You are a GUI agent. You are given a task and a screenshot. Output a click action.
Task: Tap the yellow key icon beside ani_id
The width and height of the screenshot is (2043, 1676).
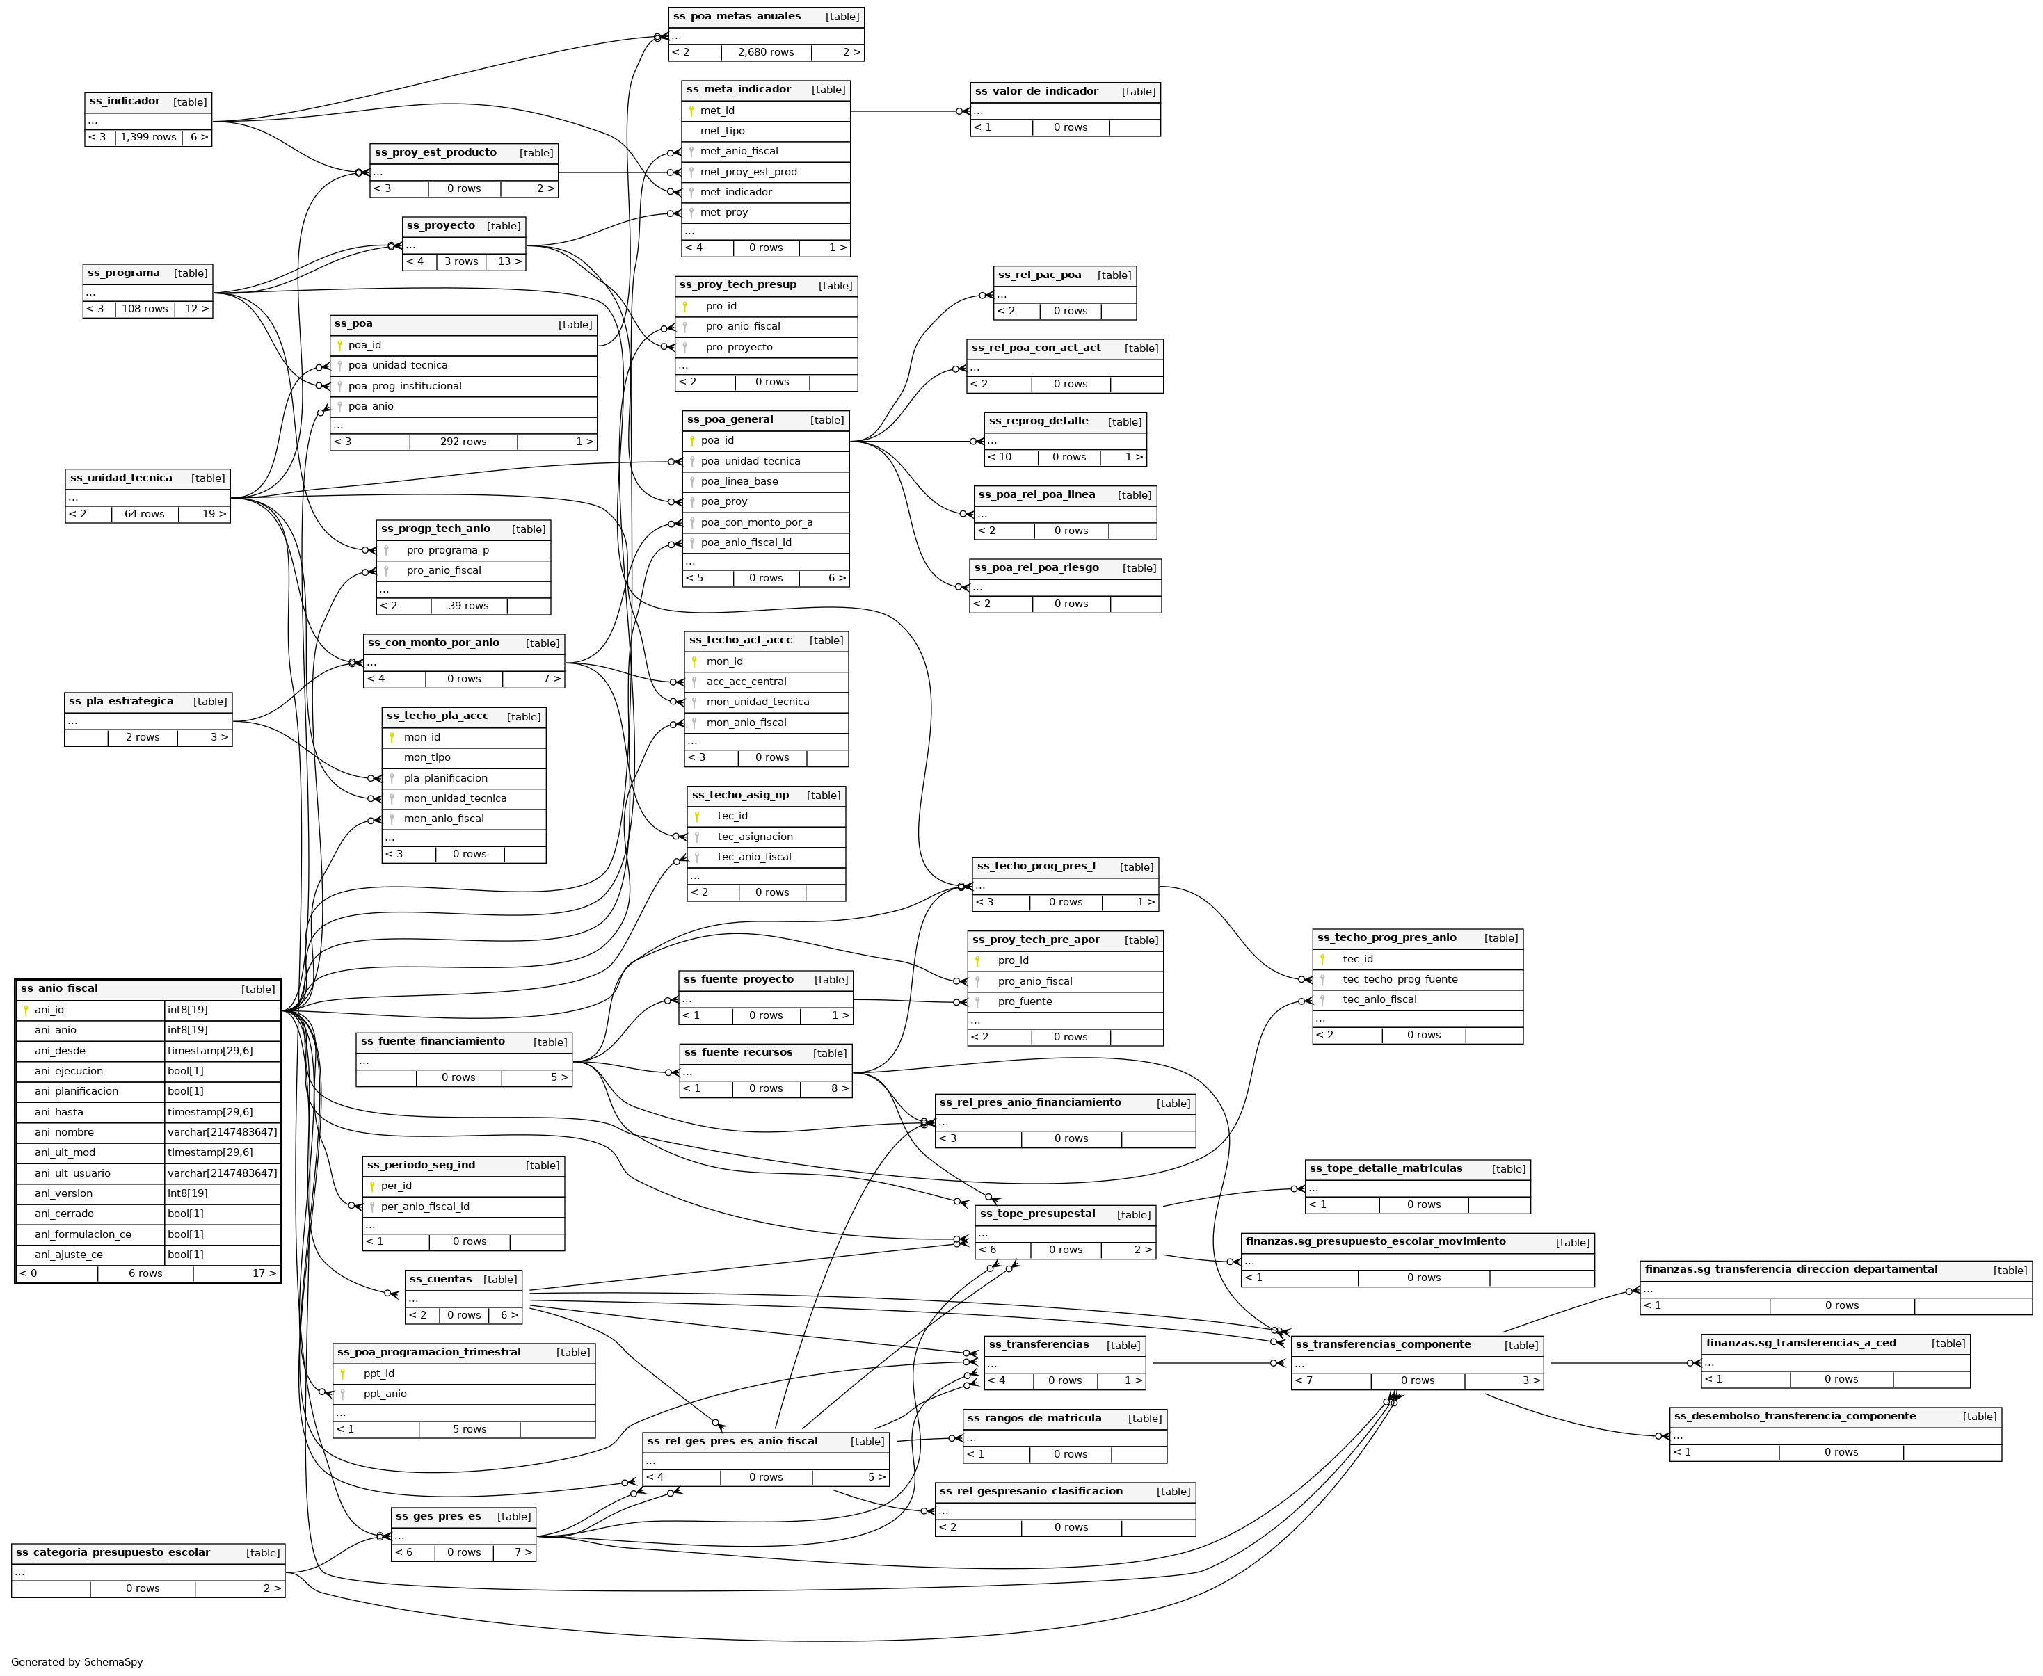[26, 1010]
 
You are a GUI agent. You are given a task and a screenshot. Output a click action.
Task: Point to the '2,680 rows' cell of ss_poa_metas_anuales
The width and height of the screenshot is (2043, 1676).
[766, 52]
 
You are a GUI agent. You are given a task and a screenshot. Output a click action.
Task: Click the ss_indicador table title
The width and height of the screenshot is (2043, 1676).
[125, 102]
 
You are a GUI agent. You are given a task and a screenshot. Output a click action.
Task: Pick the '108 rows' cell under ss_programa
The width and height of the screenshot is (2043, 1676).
[145, 309]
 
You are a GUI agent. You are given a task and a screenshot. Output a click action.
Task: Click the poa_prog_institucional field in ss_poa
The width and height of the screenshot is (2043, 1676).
[405, 386]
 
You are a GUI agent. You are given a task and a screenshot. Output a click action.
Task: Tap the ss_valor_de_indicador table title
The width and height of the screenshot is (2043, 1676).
[1036, 92]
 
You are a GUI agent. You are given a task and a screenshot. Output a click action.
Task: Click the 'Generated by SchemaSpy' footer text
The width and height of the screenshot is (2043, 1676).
[77, 1661]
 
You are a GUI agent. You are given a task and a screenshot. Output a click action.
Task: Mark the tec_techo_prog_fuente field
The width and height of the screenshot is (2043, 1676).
[1400, 979]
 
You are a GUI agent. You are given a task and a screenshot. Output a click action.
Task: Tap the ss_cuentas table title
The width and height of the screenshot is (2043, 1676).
[441, 1279]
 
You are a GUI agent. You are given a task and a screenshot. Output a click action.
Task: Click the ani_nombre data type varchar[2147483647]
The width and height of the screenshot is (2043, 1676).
[222, 1132]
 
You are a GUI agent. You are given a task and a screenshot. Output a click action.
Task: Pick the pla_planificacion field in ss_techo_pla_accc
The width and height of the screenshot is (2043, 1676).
[446, 778]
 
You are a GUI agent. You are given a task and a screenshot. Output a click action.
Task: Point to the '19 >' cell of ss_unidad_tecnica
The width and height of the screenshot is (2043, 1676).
[214, 515]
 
